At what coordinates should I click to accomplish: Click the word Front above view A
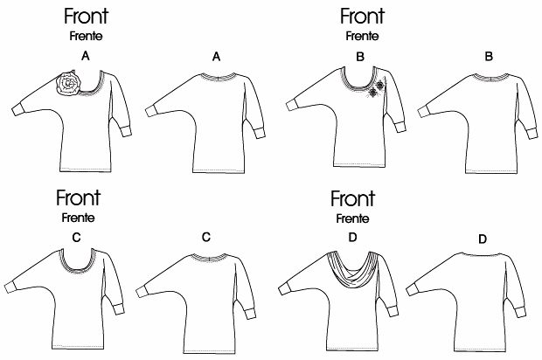coord(86,17)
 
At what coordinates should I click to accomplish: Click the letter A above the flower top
coord(85,56)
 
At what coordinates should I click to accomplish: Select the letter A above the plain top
coord(217,56)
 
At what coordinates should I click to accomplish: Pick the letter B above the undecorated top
coord(489,56)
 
